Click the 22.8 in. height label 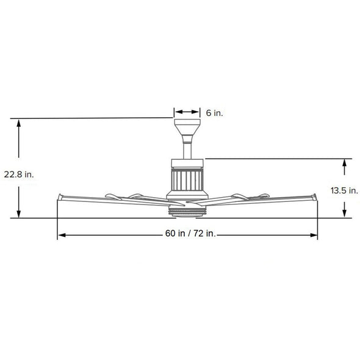[x=19, y=175]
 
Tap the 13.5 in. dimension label [x=344, y=190]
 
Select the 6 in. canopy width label [x=214, y=113]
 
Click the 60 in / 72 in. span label [x=190, y=234]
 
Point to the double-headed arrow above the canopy [x=187, y=112]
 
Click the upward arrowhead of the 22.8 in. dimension [x=19, y=123]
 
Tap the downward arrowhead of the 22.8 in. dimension [x=19, y=214]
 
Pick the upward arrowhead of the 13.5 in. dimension [x=344, y=164]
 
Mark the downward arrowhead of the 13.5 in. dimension [x=344, y=214]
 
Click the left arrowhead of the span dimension [x=62, y=235]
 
